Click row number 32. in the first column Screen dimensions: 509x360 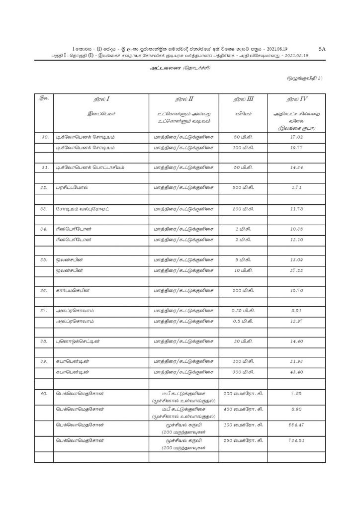pyautogui.click(x=43, y=188)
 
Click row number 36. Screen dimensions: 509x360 pyautogui.click(x=43, y=291)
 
